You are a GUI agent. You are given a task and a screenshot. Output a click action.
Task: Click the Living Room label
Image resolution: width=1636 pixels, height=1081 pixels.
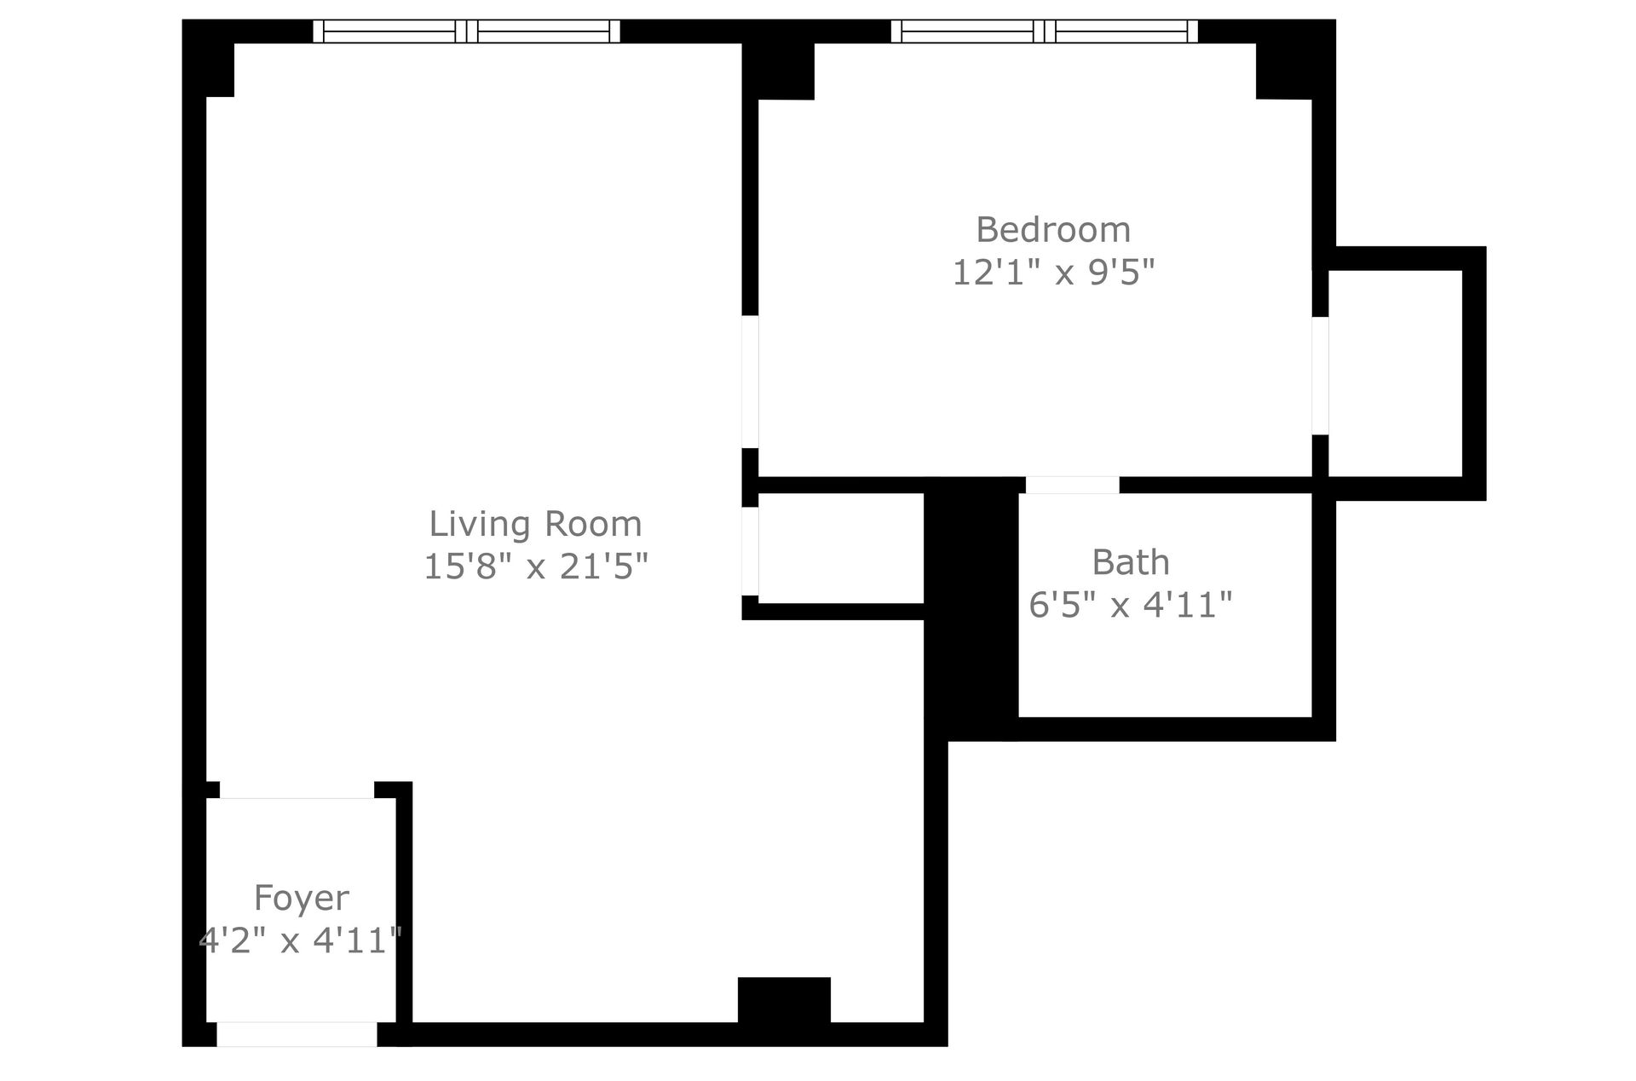point(535,524)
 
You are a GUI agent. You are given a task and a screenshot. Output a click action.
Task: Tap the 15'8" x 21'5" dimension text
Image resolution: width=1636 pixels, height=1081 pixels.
point(535,566)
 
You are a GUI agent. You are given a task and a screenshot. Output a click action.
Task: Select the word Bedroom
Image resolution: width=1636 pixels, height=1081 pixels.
point(1053,230)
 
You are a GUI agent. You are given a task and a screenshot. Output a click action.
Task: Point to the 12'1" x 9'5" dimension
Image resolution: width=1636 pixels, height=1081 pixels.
point(1053,273)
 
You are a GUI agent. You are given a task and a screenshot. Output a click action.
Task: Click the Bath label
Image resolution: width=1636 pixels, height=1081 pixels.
point(1131,562)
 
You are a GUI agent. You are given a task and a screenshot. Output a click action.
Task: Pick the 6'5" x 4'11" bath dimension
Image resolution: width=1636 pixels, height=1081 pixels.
point(1131,605)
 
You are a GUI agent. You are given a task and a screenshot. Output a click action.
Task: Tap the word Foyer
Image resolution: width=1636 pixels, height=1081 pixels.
point(302,898)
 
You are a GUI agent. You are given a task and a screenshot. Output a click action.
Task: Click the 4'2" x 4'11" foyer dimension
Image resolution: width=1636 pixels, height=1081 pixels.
point(300,940)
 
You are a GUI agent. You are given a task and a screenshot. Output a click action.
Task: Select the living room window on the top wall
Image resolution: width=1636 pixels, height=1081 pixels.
point(466,32)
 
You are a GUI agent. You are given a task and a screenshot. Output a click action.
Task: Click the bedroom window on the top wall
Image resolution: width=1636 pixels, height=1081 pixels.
point(1044,32)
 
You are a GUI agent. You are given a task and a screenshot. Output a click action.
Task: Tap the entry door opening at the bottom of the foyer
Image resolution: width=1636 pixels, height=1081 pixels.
point(297,1034)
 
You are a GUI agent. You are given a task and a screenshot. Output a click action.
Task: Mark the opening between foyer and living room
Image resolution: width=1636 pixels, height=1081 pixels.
point(297,791)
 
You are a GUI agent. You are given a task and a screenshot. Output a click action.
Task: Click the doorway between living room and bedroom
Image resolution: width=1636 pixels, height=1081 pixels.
point(750,382)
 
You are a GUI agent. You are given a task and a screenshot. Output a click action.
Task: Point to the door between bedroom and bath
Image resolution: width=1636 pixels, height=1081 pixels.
point(1072,485)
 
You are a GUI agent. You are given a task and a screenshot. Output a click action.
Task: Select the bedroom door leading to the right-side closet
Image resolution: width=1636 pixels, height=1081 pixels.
point(1320,376)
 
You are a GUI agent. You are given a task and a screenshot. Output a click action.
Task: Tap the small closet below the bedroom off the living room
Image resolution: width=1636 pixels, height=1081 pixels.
point(840,548)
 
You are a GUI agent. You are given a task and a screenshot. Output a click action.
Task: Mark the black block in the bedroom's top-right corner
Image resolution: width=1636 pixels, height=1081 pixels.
point(1284,71)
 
